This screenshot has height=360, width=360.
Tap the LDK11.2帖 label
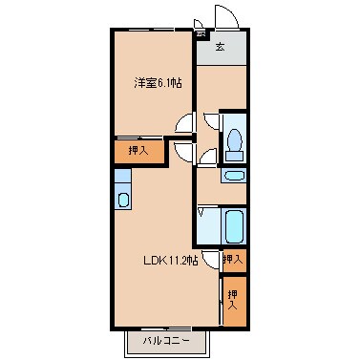[170, 260]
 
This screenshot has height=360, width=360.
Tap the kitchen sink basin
[122, 200]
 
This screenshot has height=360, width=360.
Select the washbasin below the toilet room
[233, 175]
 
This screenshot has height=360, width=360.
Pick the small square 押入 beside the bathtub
[232, 259]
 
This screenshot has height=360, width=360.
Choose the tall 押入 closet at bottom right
[233, 296]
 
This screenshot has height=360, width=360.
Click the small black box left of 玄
[201, 37]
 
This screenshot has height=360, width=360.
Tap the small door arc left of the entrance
[198, 24]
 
